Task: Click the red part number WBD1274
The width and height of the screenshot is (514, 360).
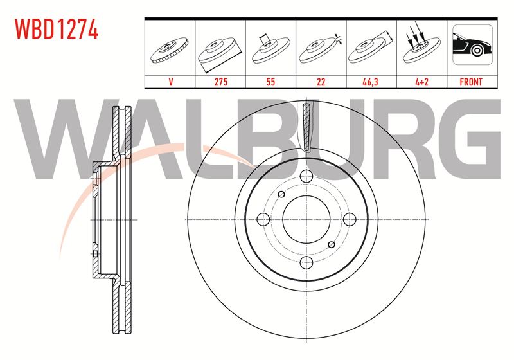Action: (x=57, y=30)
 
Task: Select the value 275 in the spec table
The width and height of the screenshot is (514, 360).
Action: (x=220, y=82)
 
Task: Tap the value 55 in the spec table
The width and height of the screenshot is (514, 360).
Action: (x=270, y=82)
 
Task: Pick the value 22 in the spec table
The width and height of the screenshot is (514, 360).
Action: (x=321, y=82)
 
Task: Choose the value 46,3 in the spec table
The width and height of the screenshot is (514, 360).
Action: (x=371, y=82)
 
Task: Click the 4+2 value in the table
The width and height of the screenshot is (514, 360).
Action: (x=421, y=82)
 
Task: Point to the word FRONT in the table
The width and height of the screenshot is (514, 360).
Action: (x=471, y=82)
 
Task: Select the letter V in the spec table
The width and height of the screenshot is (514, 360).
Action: (x=170, y=82)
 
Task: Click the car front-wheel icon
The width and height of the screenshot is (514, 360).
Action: (x=472, y=44)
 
